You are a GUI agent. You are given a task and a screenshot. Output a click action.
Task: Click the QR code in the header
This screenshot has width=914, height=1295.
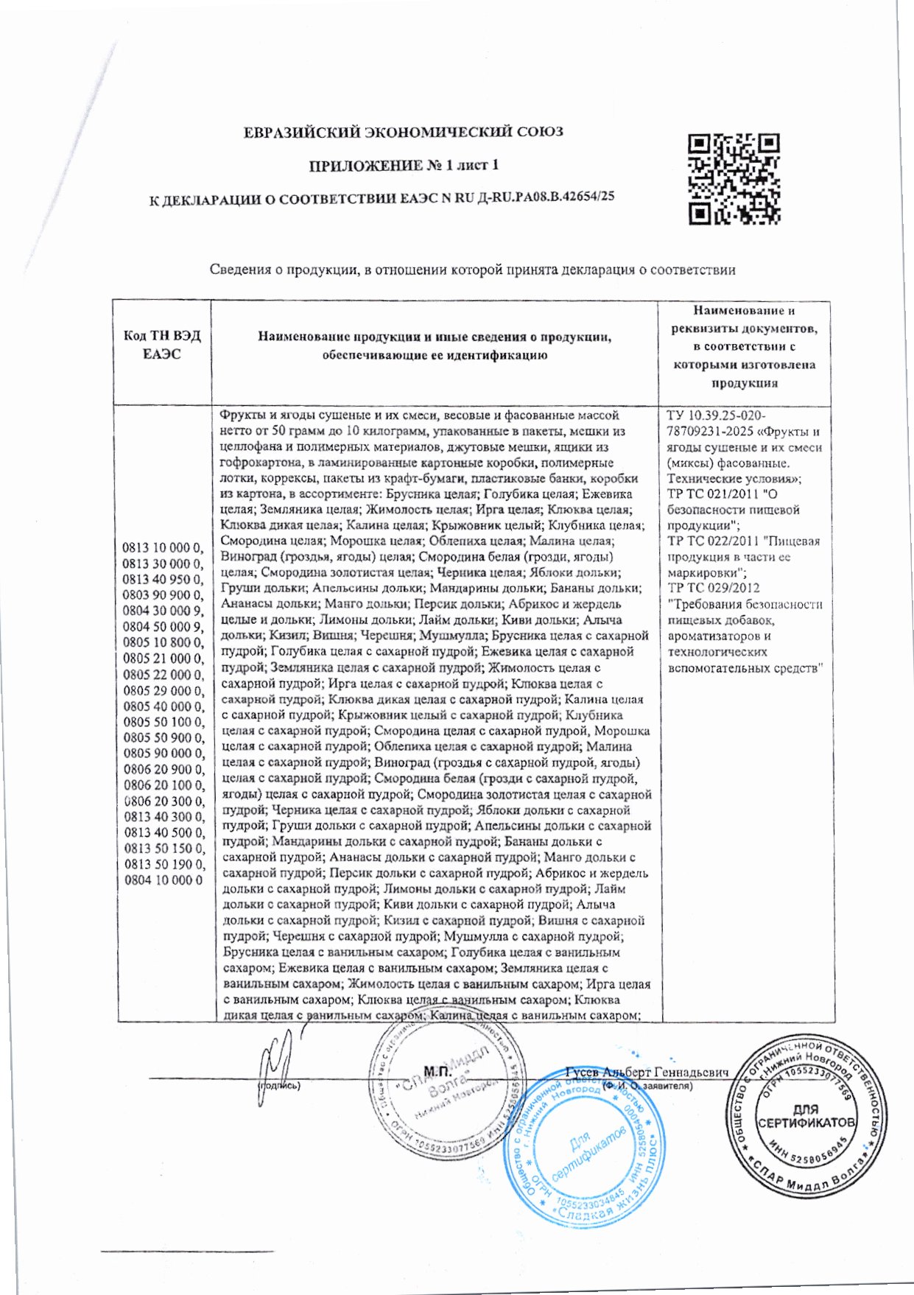[734, 179]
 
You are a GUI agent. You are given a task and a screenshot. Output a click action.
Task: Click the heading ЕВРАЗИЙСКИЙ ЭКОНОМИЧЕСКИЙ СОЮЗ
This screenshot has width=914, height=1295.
[404, 133]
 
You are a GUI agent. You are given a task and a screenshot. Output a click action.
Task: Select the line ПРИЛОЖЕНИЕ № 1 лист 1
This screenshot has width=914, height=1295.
[404, 165]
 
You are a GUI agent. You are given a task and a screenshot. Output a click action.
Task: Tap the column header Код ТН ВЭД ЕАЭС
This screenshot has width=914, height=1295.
[162, 345]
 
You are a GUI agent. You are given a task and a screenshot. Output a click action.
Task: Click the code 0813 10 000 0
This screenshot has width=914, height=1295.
[163, 547]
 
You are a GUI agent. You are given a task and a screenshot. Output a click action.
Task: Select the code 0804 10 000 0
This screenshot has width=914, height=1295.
[163, 880]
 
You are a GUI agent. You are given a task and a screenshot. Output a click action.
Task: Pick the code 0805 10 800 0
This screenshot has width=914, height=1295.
[163, 642]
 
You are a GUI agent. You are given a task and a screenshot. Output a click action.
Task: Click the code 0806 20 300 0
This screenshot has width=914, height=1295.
[163, 801]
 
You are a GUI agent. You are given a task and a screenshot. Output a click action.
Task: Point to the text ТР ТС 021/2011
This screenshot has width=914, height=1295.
[713, 494]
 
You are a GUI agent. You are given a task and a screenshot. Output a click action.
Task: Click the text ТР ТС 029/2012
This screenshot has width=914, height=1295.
[713, 588]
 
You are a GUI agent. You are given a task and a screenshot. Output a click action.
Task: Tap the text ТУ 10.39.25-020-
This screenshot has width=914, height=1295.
[715, 415]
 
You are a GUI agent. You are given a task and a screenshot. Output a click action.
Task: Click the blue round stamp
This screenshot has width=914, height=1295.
[586, 1153]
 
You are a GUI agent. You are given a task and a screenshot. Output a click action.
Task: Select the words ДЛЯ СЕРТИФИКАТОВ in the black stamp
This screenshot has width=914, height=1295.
[806, 1117]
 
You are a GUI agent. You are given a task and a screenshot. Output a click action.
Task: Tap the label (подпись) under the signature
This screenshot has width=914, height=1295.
[278, 1086]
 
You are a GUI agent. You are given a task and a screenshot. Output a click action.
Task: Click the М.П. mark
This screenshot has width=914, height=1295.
[437, 1070]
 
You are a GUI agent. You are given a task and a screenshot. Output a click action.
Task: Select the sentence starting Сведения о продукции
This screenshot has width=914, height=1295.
[472, 270]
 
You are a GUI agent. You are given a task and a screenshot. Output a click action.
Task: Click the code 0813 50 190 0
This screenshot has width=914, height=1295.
[163, 864]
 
